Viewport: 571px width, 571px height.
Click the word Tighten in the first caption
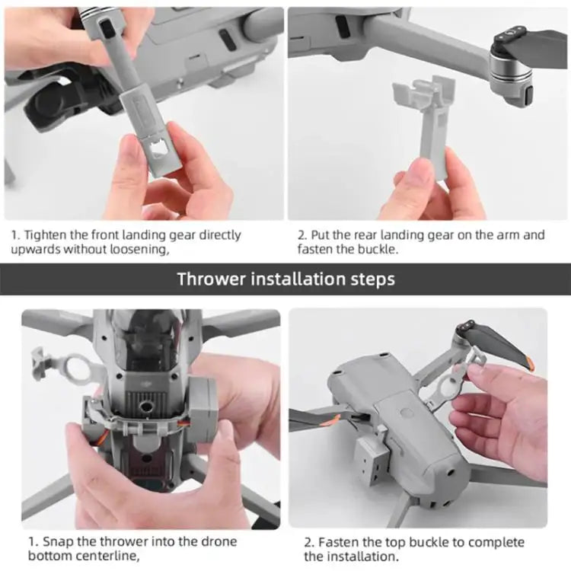45,234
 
